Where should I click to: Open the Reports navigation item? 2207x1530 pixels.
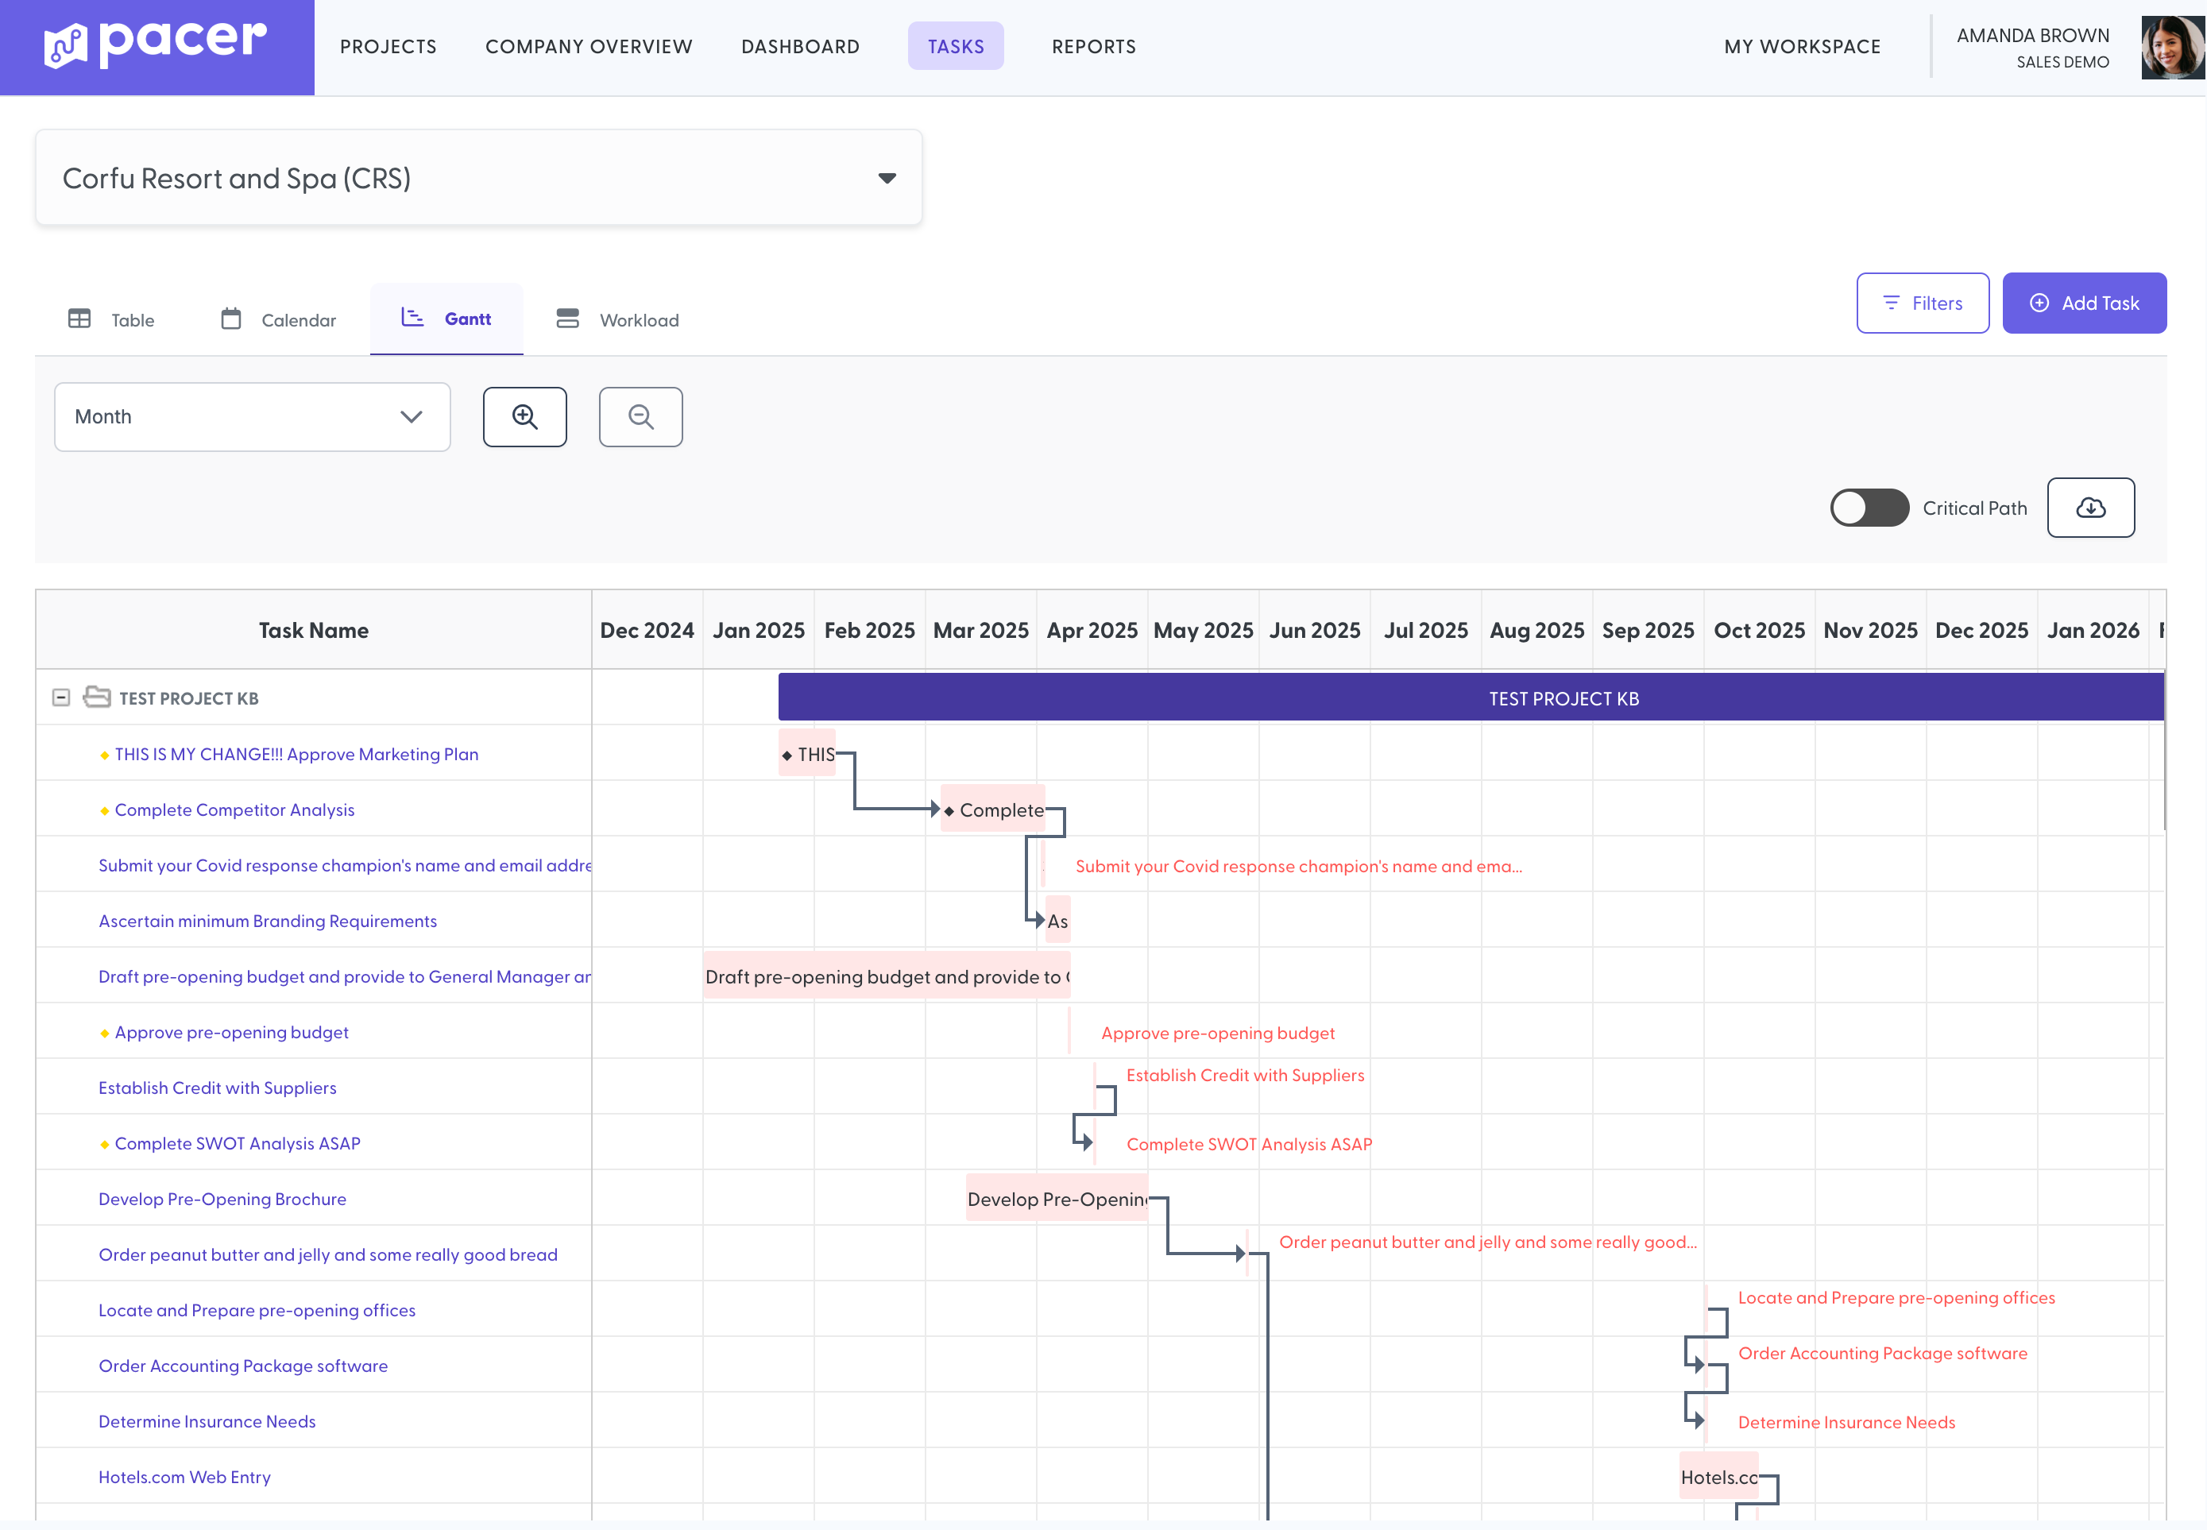pyautogui.click(x=1093, y=46)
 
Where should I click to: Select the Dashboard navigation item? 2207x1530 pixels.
pyautogui.click(x=799, y=46)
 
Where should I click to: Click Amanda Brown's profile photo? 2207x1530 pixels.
pyautogui.click(x=2171, y=48)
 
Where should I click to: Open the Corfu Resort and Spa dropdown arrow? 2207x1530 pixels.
pyautogui.click(x=887, y=178)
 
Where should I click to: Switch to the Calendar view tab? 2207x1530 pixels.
pyautogui.click(x=278, y=319)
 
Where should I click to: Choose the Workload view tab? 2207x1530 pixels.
pyautogui.click(x=617, y=319)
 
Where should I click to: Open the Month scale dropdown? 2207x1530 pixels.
pyautogui.click(x=252, y=417)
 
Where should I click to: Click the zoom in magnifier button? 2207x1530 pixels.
pyautogui.click(x=524, y=417)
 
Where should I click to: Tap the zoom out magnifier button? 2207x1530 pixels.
pyautogui.click(x=640, y=417)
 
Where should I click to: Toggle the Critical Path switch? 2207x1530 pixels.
pyautogui.click(x=1869, y=508)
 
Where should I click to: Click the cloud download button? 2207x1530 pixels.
pyautogui.click(x=2090, y=508)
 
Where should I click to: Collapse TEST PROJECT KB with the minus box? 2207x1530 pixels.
pyautogui.click(x=61, y=698)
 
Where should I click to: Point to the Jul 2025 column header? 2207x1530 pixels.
pyautogui.click(x=1424, y=631)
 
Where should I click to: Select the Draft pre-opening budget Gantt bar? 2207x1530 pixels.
pyautogui.click(x=886, y=976)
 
